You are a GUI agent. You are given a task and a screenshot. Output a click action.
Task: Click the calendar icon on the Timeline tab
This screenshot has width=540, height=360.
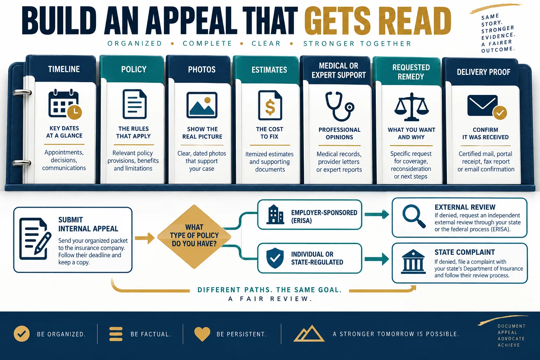[x=65, y=104]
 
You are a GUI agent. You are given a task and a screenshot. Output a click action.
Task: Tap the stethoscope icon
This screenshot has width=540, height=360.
[x=339, y=106]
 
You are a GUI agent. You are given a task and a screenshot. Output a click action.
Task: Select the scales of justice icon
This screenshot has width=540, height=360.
[x=412, y=107]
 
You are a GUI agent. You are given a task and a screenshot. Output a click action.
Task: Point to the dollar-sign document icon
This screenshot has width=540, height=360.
[x=270, y=105]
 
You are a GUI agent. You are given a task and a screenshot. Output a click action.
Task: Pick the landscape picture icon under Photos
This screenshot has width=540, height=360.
[x=202, y=105]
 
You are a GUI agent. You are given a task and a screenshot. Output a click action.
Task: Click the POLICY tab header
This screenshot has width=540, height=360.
[x=134, y=70]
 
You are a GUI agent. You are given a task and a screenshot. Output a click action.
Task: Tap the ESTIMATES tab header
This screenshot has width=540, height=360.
[x=269, y=70]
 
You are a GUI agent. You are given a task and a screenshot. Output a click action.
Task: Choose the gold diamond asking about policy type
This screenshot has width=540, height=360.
[x=194, y=237]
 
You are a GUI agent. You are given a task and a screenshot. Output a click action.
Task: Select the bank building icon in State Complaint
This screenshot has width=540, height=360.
[x=413, y=262]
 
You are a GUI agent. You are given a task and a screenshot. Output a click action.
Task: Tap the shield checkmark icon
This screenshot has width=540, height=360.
[x=275, y=258]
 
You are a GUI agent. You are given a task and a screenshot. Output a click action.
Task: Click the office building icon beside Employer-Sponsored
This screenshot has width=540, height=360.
[x=275, y=214]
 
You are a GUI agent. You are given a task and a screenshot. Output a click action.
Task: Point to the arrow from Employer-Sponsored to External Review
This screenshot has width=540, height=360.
[x=377, y=214]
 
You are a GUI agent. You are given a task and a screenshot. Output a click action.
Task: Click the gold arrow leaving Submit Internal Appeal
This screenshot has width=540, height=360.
[x=144, y=238]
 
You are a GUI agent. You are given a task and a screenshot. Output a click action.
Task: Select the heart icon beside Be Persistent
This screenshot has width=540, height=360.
[x=202, y=334]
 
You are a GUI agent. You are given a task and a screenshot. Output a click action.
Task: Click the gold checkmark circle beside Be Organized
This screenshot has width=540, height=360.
[x=22, y=334]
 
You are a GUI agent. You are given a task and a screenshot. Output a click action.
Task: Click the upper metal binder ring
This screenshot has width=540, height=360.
[x=22, y=92]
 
